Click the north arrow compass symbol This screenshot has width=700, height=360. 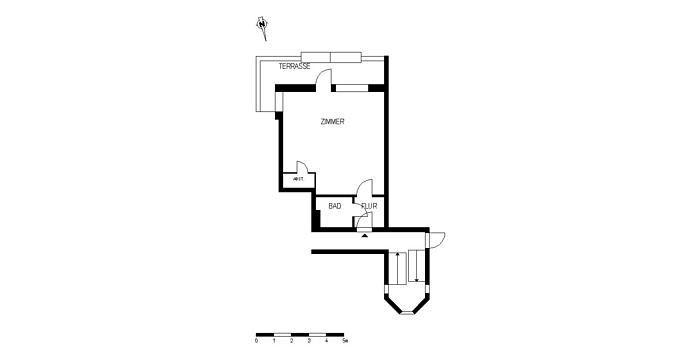click(x=262, y=26)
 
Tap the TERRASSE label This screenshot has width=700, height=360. click(x=294, y=66)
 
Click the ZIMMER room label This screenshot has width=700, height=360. click(x=332, y=122)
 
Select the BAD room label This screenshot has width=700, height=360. click(x=335, y=207)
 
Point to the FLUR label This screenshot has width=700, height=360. click(x=369, y=207)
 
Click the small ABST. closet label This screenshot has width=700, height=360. click(x=298, y=179)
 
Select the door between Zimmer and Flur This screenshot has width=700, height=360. click(x=366, y=188)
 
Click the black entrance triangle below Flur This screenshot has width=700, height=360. click(x=364, y=236)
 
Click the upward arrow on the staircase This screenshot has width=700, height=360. click(x=398, y=267)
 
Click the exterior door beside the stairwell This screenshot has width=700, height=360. click(x=436, y=240)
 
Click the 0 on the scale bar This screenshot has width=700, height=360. click(x=256, y=342)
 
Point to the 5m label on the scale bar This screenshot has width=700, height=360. click(x=345, y=342)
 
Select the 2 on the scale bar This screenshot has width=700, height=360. click(x=292, y=342)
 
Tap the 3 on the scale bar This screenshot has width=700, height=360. click(x=309, y=342)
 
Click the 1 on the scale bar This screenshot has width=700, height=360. click(x=274, y=342)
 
